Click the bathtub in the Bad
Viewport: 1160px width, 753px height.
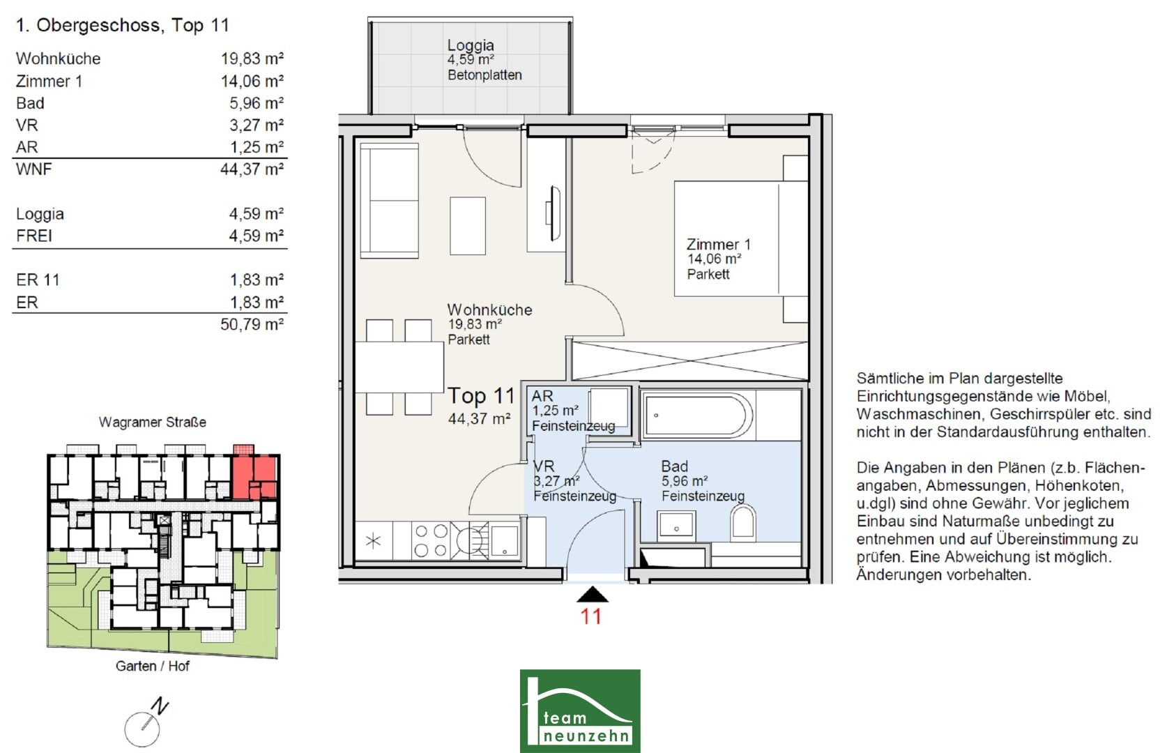pos(697,415)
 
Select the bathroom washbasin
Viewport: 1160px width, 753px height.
pos(676,525)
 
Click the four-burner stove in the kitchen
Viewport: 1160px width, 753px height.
pos(431,540)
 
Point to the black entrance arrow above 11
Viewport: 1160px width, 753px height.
pos(593,595)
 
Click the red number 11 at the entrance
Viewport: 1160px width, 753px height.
pos(591,616)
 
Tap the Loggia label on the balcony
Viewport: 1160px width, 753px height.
pos(471,45)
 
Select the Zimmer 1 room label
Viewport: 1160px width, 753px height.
pos(718,244)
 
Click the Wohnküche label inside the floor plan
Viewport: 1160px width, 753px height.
pos(489,310)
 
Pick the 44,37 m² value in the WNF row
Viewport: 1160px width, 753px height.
pos(252,169)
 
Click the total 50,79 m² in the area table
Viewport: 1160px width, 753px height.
pos(252,324)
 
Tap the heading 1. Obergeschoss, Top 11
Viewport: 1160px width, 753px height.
pos(122,25)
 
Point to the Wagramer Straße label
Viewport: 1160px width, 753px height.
pos(152,422)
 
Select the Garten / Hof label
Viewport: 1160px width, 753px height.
pos(152,666)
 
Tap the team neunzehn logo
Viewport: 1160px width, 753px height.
pos(580,710)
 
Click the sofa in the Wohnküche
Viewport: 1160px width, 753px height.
pos(390,201)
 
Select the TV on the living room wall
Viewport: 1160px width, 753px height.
pos(553,213)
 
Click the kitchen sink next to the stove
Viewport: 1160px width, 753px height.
pos(504,541)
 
